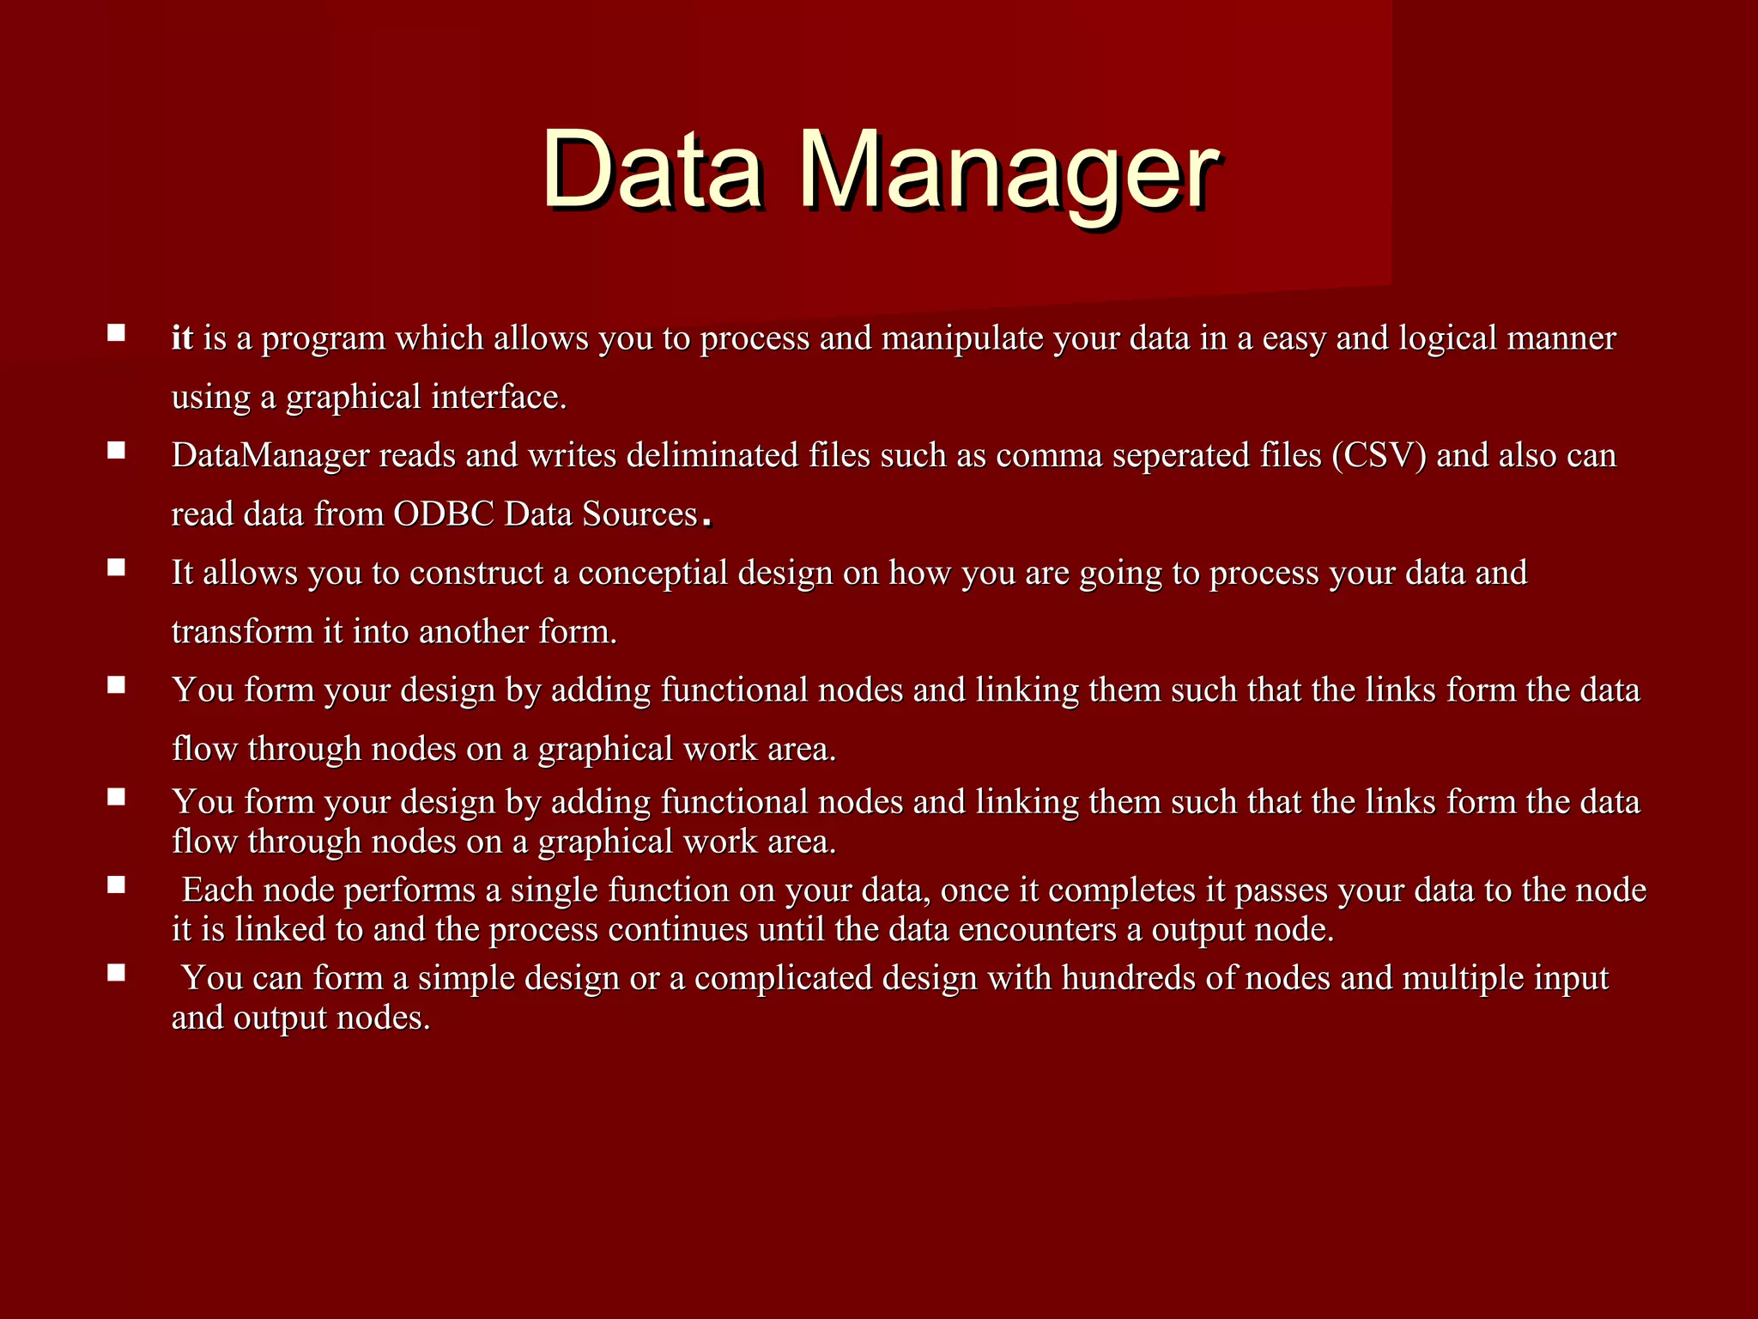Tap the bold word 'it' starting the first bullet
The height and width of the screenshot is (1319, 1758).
[x=182, y=338]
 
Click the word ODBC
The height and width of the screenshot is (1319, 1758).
[x=444, y=514]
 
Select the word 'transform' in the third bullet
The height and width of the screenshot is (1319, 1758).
[x=242, y=631]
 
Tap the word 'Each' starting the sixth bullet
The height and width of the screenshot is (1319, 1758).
[x=218, y=890]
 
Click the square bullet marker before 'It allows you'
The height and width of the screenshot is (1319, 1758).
[x=117, y=568]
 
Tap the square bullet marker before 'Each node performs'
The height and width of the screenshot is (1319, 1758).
[x=117, y=884]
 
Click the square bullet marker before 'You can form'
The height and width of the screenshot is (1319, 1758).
[x=117, y=972]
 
